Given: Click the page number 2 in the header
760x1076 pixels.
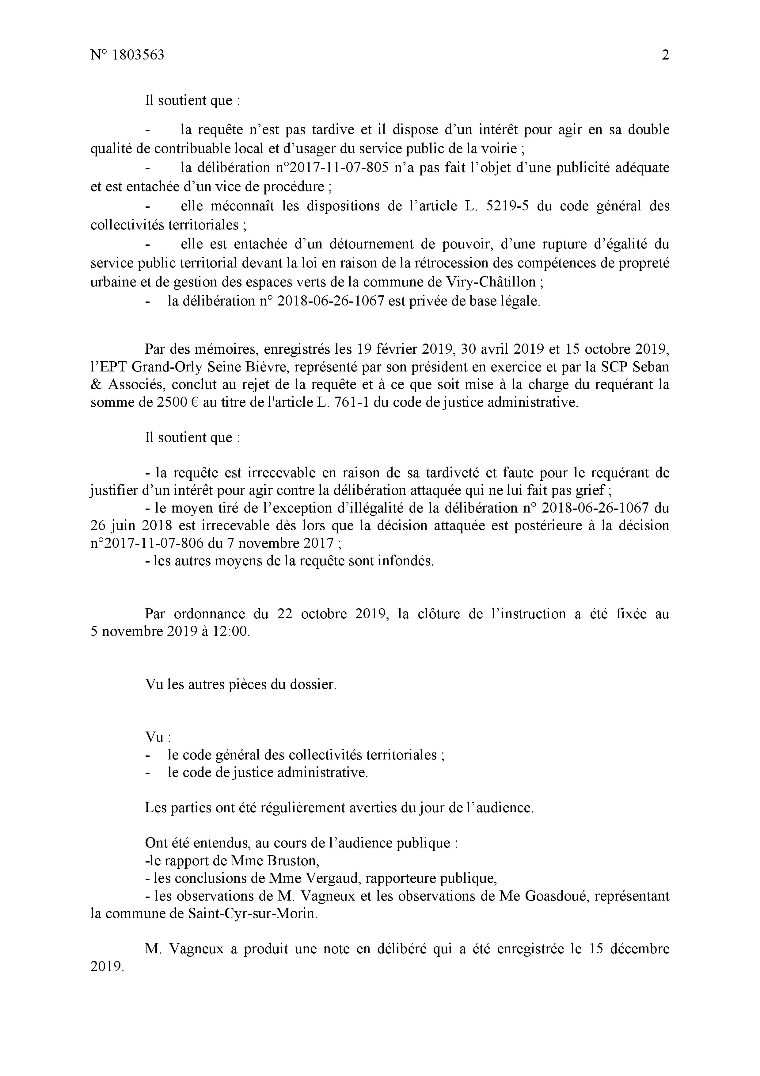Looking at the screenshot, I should tap(665, 55).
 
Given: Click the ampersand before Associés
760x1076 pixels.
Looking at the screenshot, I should tap(96, 385).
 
